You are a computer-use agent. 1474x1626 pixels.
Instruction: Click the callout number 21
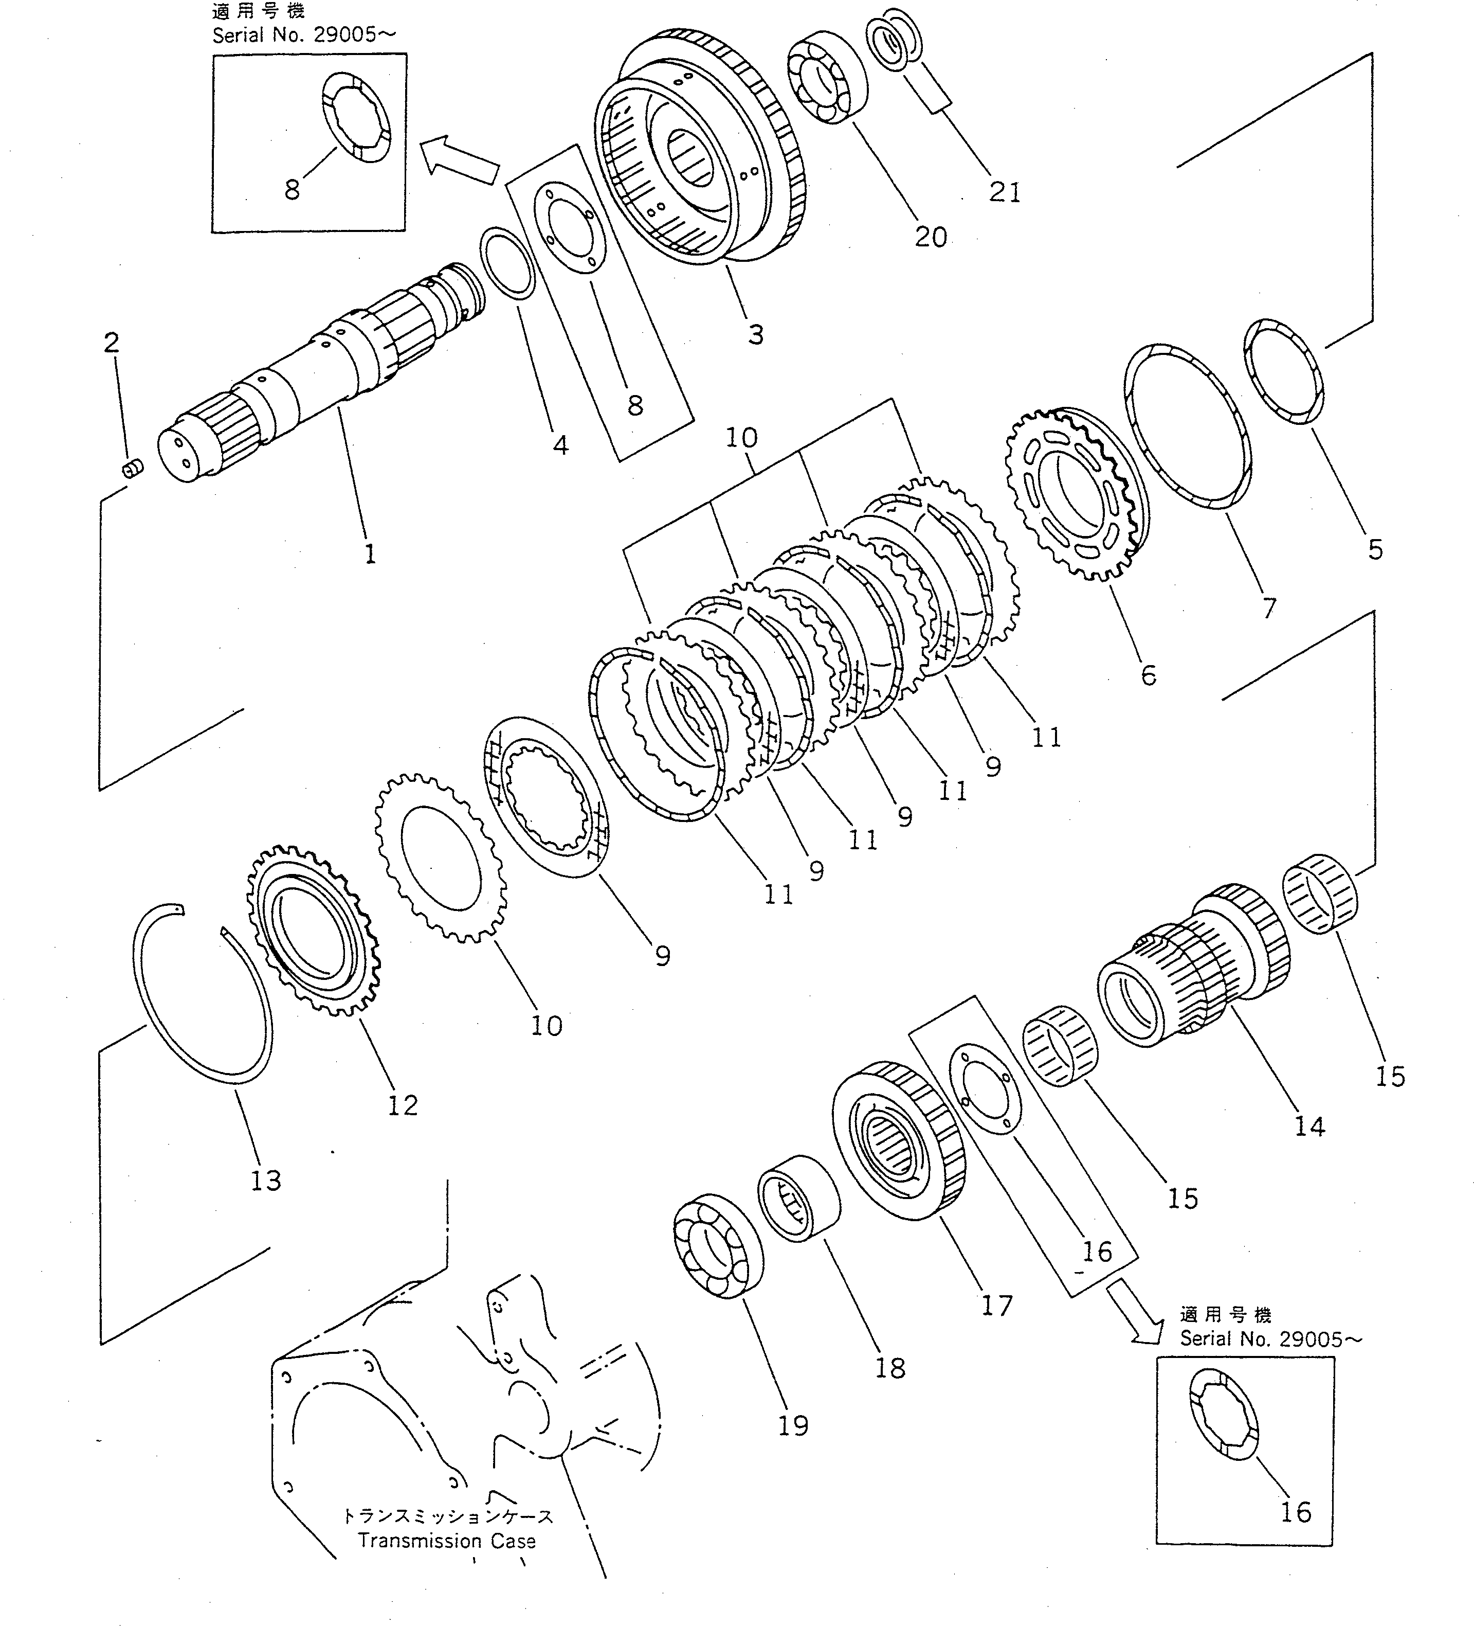point(1005,193)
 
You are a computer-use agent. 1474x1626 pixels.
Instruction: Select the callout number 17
point(997,1305)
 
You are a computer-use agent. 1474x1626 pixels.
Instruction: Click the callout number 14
point(1308,1127)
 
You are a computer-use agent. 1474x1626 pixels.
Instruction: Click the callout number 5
point(1375,550)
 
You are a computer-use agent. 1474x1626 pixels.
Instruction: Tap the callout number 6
point(1148,674)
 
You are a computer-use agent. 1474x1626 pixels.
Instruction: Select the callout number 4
point(560,444)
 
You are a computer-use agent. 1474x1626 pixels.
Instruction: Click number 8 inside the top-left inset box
point(292,190)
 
